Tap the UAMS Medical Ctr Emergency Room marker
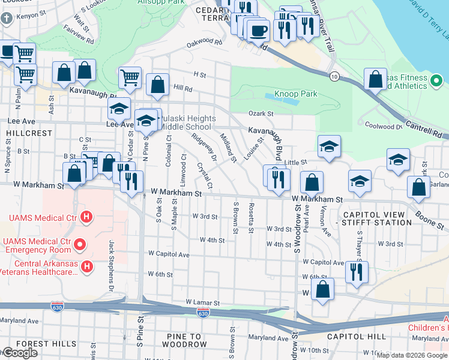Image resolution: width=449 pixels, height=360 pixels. click(79, 244)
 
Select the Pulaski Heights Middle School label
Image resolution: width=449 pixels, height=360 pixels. click(185, 122)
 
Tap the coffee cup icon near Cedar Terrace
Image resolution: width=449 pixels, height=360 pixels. click(258, 30)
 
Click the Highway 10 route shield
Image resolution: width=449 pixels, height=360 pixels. click(334, 76)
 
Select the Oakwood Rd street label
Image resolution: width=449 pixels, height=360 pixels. click(204, 42)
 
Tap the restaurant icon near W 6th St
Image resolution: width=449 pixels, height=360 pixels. click(357, 272)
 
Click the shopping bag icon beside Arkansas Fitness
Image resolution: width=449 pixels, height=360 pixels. click(375, 79)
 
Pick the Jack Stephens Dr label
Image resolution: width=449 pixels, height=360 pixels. click(112, 257)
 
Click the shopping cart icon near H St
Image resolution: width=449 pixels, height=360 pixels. click(130, 77)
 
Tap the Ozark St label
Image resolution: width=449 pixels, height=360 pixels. click(261, 113)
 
